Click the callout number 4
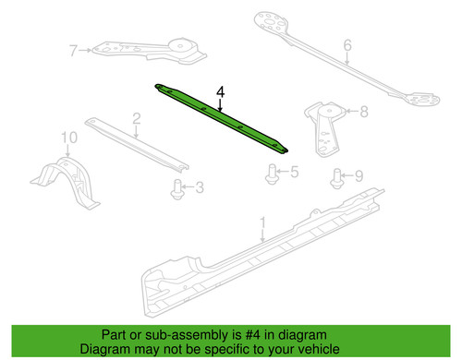pos(221,92)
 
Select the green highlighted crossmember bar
pos(221,118)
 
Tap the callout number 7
pos(73,51)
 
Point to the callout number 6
pos(347,45)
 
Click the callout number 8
pos(364,112)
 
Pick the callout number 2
pos(137,119)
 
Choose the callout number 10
pos(69,138)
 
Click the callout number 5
pos(295,172)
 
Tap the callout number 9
pos(359,176)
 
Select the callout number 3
pos(200,187)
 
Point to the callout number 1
pos(262,222)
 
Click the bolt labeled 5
pos(272,174)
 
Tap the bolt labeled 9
pos(337,178)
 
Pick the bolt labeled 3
pos(177,189)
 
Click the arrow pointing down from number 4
pos(220,104)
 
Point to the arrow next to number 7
pos(85,50)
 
